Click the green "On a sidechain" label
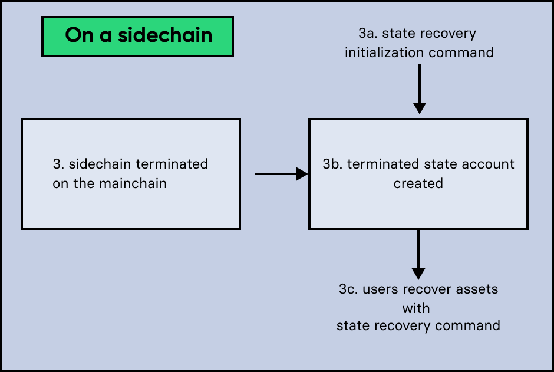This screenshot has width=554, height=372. [137, 36]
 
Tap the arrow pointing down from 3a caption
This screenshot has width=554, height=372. [419, 88]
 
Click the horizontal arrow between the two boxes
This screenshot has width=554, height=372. [281, 174]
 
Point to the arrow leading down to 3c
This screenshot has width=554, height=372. [418, 254]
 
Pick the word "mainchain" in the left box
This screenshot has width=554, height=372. [136, 183]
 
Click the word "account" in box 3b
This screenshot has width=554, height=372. [489, 164]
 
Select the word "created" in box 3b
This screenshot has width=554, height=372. [418, 183]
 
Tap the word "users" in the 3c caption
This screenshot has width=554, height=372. [380, 289]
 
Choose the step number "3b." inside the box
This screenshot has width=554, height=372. [333, 164]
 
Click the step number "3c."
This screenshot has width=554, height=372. [349, 289]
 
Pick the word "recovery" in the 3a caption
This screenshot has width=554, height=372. [450, 34]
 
